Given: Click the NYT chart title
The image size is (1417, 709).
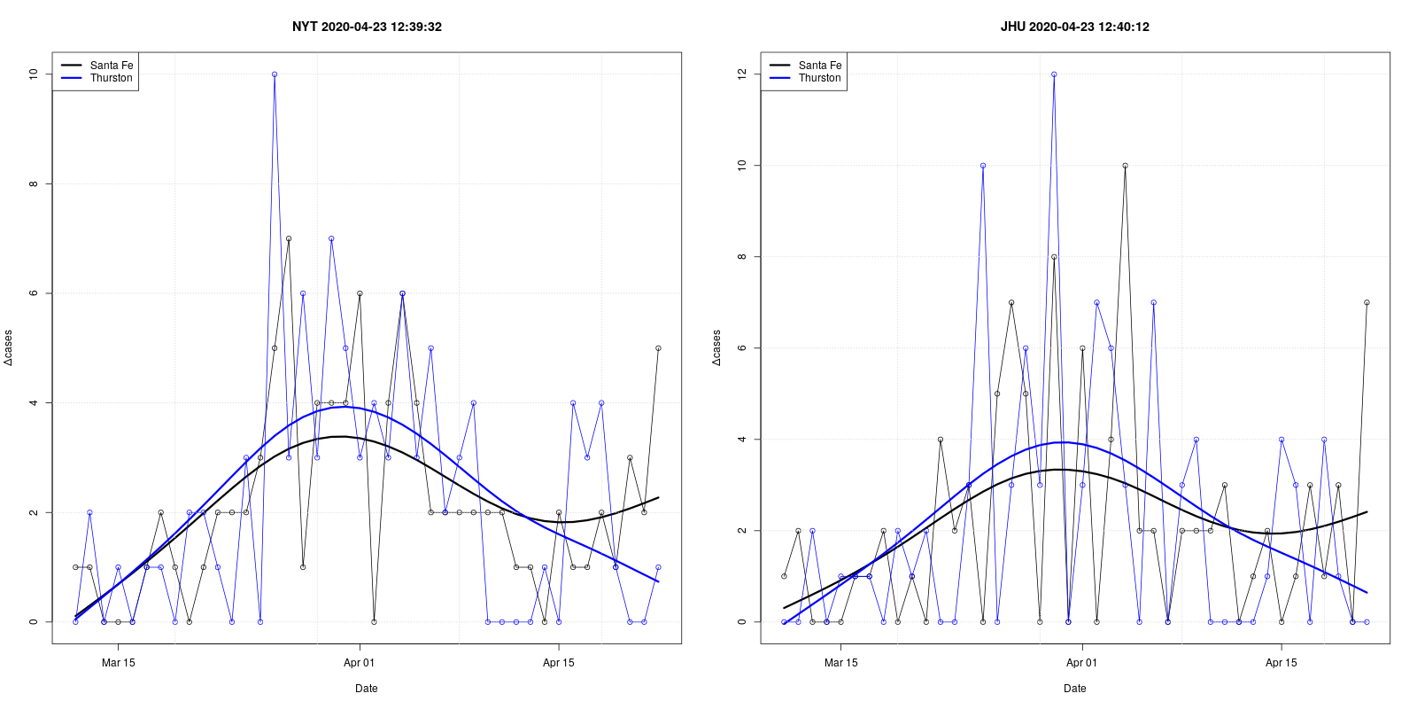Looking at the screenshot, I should coord(367,27).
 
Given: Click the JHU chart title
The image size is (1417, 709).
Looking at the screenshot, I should coord(1074,27).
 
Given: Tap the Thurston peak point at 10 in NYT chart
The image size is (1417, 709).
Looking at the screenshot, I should coord(275,74).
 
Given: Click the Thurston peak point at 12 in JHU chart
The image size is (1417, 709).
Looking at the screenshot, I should coord(1054,74).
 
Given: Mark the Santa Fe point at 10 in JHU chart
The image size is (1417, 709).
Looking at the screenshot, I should coord(1125,166).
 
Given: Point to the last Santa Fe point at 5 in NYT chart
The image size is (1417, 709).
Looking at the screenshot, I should coord(658,348).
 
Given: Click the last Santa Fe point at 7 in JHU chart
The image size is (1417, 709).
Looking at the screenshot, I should coord(1367,302).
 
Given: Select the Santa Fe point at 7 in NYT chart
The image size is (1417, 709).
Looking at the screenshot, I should coord(289,238).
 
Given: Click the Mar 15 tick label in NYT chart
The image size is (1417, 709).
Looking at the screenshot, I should coord(118,663).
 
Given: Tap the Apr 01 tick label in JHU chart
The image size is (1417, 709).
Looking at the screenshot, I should coord(1081,663).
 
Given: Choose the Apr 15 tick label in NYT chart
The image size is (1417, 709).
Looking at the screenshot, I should coord(558,663).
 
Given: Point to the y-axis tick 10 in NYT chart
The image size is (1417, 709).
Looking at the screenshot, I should coord(34,74).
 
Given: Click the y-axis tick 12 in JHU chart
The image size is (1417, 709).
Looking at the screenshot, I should coord(742,74).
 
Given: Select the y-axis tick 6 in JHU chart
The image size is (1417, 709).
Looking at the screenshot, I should coord(742,348).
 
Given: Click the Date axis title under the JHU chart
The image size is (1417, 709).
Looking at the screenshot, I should coord(1074,689).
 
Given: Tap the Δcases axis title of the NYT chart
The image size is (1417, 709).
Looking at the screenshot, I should coord(9,347).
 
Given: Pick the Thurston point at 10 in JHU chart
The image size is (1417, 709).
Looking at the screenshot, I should coord(983,166).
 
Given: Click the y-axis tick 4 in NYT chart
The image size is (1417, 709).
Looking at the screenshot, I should coord(34,403).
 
